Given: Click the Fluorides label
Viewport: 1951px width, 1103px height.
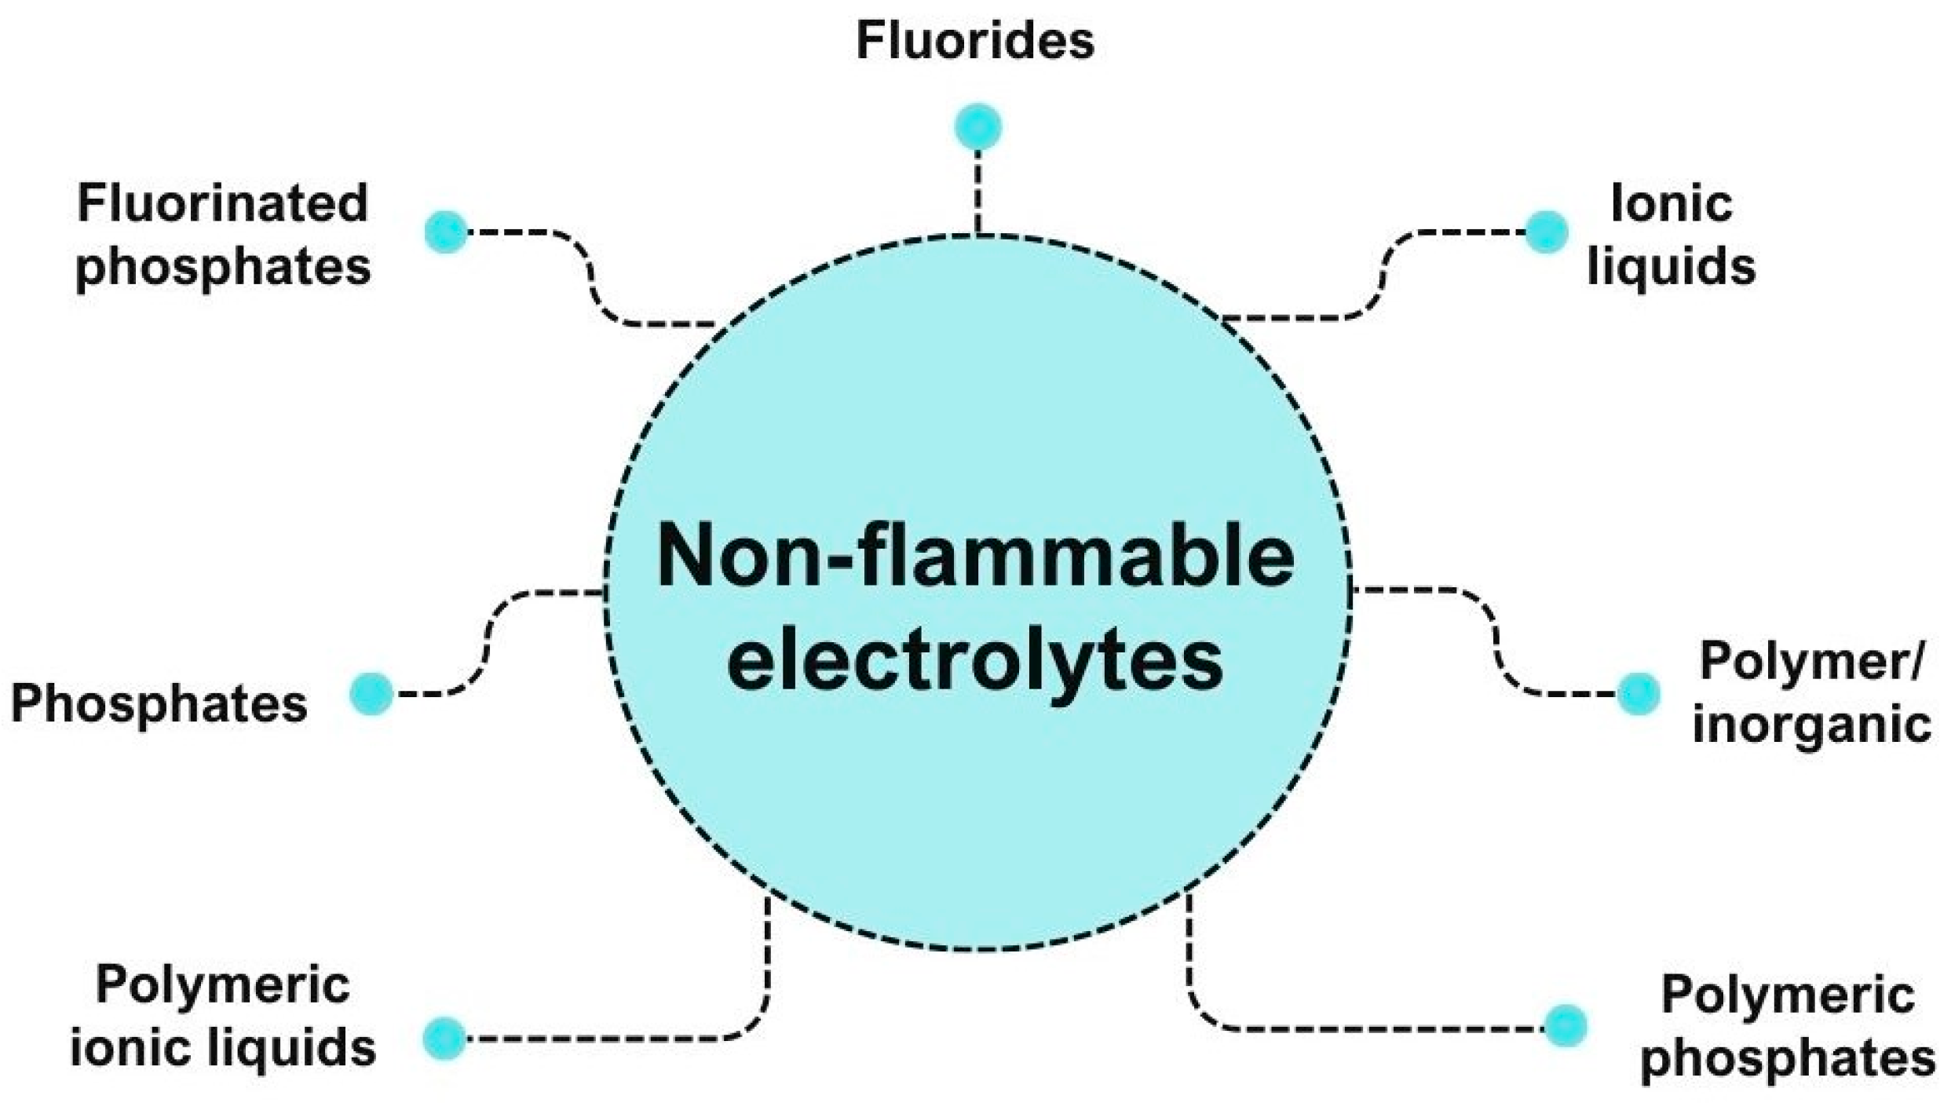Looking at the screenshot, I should pyautogui.click(x=974, y=41).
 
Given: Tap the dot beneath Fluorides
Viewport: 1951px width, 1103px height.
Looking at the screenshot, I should pyautogui.click(x=977, y=126).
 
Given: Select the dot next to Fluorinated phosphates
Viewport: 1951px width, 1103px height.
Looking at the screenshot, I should pyautogui.click(x=446, y=232).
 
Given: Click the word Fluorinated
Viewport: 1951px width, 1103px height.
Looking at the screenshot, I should pyautogui.click(x=223, y=203).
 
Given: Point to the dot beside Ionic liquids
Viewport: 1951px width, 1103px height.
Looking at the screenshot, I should pyautogui.click(x=1546, y=232).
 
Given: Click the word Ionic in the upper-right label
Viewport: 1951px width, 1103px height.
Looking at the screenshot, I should pyautogui.click(x=1671, y=203).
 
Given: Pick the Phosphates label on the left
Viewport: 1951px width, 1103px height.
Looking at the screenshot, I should pyautogui.click(x=159, y=703).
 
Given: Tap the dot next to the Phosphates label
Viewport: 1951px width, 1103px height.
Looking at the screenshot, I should pyautogui.click(x=371, y=694).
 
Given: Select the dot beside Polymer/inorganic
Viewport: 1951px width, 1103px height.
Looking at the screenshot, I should pyautogui.click(x=1638, y=694).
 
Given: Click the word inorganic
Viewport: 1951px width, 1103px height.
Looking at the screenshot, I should pyautogui.click(x=1811, y=724).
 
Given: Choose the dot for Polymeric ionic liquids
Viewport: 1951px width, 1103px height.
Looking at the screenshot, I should pyautogui.click(x=444, y=1038).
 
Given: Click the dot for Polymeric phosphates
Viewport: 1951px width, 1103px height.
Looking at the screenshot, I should pyautogui.click(x=1565, y=1025).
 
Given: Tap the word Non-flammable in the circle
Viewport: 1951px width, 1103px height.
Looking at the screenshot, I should pyautogui.click(x=975, y=556).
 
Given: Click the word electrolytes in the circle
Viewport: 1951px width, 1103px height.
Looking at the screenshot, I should pyautogui.click(x=975, y=661).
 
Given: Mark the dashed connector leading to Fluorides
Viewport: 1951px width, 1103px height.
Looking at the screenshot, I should pyautogui.click(x=977, y=192).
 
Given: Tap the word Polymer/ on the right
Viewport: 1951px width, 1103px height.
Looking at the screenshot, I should pyautogui.click(x=1811, y=662).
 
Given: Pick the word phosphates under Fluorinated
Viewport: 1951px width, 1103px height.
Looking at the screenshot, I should pyautogui.click(x=223, y=267).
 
